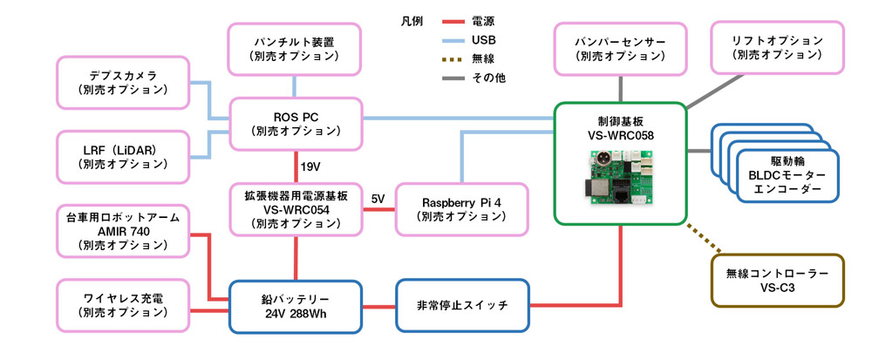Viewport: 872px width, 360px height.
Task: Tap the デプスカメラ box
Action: click(122, 84)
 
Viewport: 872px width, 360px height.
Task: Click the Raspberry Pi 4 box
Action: click(462, 208)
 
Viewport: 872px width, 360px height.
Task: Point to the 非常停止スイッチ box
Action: click(462, 306)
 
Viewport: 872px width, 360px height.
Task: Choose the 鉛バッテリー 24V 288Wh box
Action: click(295, 306)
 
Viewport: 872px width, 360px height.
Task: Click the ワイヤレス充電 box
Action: click(122, 306)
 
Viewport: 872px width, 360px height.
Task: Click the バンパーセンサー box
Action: click(620, 49)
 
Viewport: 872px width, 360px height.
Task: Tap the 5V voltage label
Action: click(377, 198)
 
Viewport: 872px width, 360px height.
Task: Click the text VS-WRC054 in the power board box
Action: click(295, 208)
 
